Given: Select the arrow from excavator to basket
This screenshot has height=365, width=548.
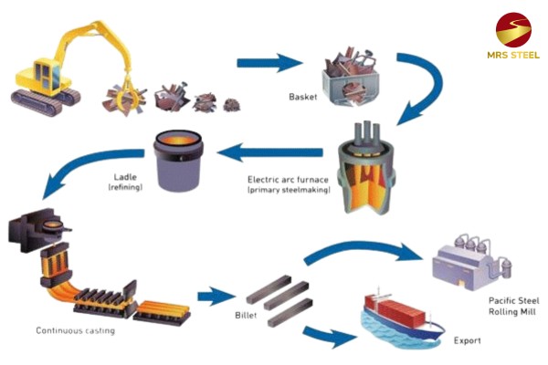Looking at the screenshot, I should (269, 63).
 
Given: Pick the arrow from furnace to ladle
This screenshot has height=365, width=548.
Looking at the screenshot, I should (275, 151).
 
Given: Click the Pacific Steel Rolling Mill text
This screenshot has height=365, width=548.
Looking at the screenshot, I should (507, 307).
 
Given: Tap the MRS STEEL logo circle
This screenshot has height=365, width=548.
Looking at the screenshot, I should (513, 31).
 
